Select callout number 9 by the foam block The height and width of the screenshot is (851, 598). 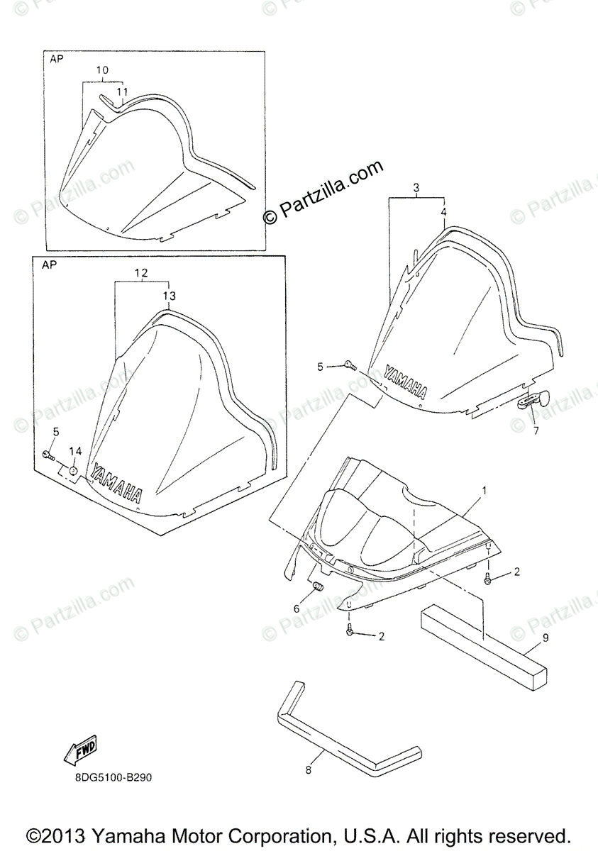[x=546, y=638]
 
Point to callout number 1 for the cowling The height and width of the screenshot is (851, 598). [x=485, y=491]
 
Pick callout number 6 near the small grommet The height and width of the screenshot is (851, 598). [x=296, y=608]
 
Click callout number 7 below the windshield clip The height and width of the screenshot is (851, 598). [x=536, y=430]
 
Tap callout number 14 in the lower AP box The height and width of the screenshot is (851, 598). [x=76, y=451]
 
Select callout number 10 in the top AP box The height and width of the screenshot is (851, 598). [x=102, y=70]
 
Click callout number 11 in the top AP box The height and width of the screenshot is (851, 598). [x=122, y=91]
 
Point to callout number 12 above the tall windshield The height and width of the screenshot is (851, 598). [x=140, y=272]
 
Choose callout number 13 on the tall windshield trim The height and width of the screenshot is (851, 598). [x=167, y=295]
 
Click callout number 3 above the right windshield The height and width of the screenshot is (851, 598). [x=416, y=187]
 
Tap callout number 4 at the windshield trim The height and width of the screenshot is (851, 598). [x=443, y=212]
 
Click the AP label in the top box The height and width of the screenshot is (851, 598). [x=57, y=60]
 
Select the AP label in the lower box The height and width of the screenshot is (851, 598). [x=49, y=265]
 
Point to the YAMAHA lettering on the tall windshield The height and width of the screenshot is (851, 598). [x=117, y=484]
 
